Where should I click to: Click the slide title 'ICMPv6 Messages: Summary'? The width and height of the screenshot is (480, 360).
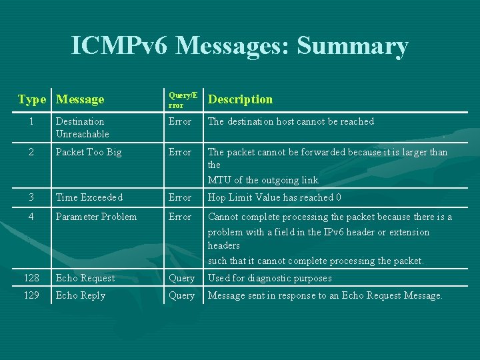(x=239, y=46)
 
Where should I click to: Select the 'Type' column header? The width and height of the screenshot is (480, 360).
(x=31, y=99)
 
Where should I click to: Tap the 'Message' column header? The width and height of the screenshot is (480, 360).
(x=80, y=99)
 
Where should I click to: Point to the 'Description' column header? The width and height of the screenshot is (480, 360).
(x=240, y=99)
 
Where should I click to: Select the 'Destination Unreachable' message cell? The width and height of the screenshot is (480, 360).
(x=82, y=127)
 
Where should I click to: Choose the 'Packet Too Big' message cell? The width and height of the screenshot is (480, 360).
(x=89, y=152)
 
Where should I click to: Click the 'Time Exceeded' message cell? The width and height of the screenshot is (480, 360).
(x=89, y=197)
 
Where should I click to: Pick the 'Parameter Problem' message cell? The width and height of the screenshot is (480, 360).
(x=96, y=217)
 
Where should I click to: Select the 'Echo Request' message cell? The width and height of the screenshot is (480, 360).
(x=85, y=278)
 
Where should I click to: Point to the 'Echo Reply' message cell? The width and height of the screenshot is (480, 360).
(x=81, y=295)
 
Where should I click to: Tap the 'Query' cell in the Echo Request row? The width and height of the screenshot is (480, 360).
(x=181, y=278)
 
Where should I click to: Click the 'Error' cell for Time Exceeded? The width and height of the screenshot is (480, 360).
(x=180, y=197)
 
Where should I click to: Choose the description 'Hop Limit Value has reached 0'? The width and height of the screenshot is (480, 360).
(x=275, y=197)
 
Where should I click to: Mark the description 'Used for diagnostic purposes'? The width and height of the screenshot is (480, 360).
(x=269, y=278)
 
